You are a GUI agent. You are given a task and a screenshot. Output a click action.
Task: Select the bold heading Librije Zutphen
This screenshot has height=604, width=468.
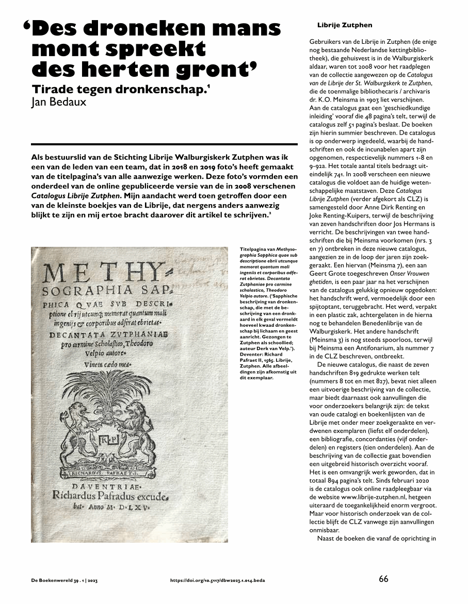click(x=344, y=25)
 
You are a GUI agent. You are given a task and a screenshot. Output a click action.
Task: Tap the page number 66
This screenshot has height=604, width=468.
click(x=383, y=579)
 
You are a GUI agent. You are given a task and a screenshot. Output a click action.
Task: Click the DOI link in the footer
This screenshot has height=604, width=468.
click(x=218, y=580)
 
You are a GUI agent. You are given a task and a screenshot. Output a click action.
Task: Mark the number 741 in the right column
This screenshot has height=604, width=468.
click(x=338, y=174)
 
